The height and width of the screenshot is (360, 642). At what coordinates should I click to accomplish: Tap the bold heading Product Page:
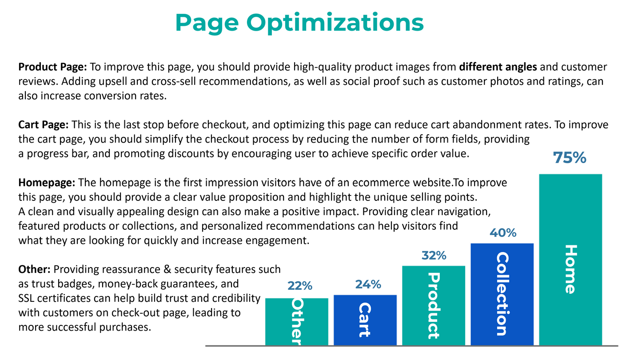pyautogui.click(x=52, y=67)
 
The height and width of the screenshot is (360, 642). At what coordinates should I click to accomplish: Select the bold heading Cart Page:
pyautogui.click(x=43, y=125)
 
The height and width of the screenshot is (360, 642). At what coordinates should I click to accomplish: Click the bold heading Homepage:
pyautogui.click(x=47, y=183)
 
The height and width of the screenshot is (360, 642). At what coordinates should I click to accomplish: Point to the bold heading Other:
pyautogui.click(x=34, y=269)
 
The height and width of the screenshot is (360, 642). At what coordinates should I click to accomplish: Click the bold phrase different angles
pyautogui.click(x=498, y=67)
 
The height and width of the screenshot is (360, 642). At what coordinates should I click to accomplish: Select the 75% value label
pyautogui.click(x=570, y=158)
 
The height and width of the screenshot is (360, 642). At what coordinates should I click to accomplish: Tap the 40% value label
pyautogui.click(x=502, y=233)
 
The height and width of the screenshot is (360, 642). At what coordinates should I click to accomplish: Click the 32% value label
pyautogui.click(x=434, y=256)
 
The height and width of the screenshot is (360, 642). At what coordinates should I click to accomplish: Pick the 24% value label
pyautogui.click(x=368, y=284)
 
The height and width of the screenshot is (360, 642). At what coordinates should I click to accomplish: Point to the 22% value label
pyautogui.click(x=300, y=286)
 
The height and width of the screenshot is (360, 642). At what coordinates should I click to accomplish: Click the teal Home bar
pyautogui.click(x=570, y=260)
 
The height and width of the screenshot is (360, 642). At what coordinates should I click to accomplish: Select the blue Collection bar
pyautogui.click(x=502, y=294)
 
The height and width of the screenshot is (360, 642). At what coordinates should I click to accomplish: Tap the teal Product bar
pyautogui.click(x=433, y=305)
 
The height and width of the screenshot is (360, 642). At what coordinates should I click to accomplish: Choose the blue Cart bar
pyautogui.click(x=365, y=320)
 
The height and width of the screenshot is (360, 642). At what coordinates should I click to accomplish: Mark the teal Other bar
pyautogui.click(x=296, y=322)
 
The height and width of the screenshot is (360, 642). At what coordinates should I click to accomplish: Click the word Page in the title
pyautogui.click(x=207, y=24)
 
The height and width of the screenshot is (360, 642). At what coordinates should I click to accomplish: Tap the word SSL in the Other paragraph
pyautogui.click(x=26, y=298)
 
